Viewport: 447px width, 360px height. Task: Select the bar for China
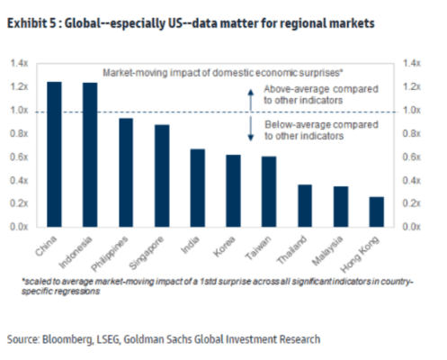54,154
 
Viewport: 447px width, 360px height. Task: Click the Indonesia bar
90,155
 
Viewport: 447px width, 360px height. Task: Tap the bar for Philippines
126,173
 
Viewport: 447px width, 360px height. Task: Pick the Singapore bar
162,175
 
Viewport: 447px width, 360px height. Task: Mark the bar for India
198,188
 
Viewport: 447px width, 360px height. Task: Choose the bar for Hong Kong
377,212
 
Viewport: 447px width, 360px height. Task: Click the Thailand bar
305,206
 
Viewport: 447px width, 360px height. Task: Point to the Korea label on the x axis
224,247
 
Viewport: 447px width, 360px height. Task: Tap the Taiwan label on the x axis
258,247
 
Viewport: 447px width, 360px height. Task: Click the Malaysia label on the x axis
327,251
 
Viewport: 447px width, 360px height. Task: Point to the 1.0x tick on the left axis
19,111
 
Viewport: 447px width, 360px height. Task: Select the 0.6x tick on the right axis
412,157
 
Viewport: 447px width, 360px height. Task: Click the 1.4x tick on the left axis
19,63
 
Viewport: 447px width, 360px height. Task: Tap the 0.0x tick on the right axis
412,227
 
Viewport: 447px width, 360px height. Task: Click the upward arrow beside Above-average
251,100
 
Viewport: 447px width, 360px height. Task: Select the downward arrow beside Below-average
251,129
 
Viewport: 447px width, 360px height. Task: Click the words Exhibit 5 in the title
31,23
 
